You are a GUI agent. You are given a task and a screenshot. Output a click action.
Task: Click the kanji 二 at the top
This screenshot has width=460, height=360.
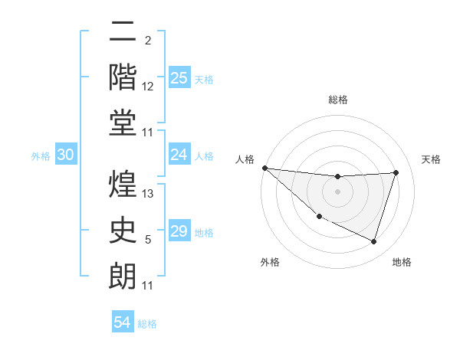pyautogui.click(x=123, y=33)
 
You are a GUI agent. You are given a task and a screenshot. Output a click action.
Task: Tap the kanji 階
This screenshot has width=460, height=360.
pyautogui.click(x=123, y=77)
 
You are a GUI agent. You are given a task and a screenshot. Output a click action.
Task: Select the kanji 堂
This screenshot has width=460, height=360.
pyautogui.click(x=123, y=123)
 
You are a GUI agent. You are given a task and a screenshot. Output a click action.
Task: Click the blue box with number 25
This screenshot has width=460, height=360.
pyautogui.click(x=179, y=77)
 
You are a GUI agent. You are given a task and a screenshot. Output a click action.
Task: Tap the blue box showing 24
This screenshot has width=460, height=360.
pyautogui.click(x=179, y=155)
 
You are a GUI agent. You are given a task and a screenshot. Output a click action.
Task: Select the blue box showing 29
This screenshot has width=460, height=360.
pyautogui.click(x=179, y=231)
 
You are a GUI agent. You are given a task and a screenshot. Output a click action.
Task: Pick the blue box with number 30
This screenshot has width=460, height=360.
pyautogui.click(x=66, y=155)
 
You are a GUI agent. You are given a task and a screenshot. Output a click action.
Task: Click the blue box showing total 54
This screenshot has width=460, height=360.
pyautogui.click(x=123, y=322)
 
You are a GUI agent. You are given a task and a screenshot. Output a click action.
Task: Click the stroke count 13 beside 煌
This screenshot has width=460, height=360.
pyautogui.click(x=149, y=195)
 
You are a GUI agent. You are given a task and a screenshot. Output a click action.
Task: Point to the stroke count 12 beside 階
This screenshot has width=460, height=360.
pyautogui.click(x=149, y=87)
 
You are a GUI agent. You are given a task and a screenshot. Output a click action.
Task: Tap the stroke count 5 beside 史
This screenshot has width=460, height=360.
pyautogui.click(x=149, y=241)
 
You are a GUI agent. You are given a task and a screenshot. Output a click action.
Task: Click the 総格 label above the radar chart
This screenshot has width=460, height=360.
pyautogui.click(x=337, y=100)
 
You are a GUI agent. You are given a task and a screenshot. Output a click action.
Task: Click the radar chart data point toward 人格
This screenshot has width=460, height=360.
pyautogui.click(x=264, y=168)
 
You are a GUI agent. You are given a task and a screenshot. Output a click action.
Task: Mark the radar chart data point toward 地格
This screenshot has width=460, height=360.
pyautogui.click(x=374, y=242)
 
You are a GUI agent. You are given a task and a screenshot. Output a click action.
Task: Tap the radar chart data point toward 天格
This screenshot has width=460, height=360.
pyautogui.click(x=396, y=172)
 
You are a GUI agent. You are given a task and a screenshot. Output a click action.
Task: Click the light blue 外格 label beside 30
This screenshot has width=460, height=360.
pyautogui.click(x=41, y=155)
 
